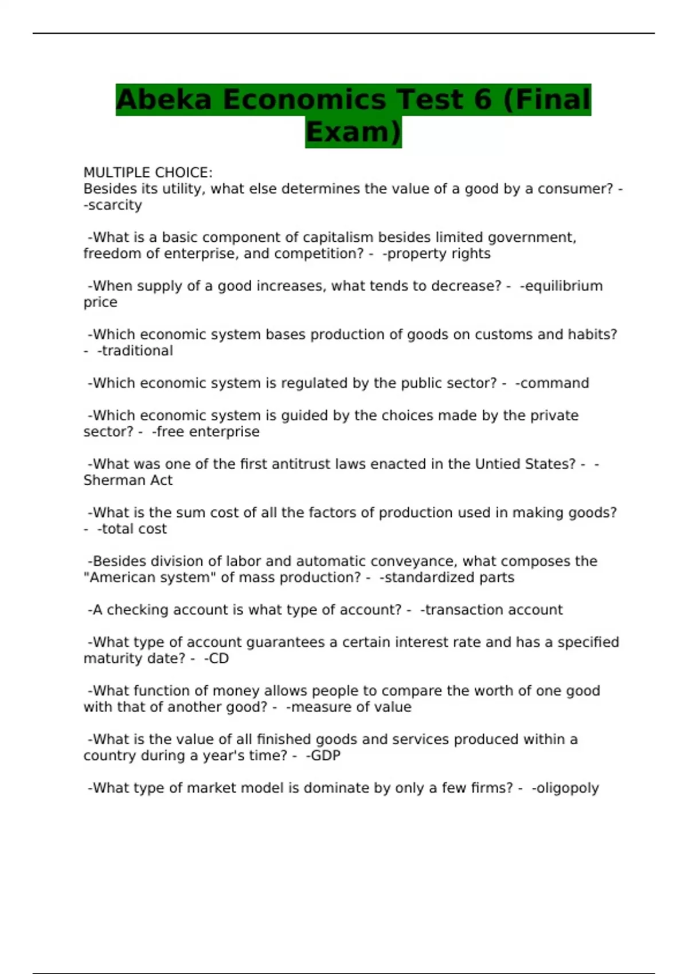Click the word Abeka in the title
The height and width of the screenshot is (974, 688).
tap(163, 100)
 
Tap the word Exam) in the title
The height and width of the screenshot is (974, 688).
tap(353, 132)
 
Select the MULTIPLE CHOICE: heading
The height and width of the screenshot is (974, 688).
tap(148, 172)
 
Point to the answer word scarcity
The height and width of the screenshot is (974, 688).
tap(115, 205)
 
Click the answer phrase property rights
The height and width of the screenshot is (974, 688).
tap(439, 254)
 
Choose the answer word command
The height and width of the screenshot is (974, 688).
tap(554, 383)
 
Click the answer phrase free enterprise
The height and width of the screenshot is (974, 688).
tap(208, 432)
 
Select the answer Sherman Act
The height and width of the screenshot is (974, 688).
tap(128, 481)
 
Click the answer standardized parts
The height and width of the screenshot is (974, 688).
tap(449, 578)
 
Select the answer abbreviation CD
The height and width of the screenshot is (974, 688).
tap(218, 659)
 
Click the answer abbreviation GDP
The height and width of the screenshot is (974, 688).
tap(326, 756)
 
